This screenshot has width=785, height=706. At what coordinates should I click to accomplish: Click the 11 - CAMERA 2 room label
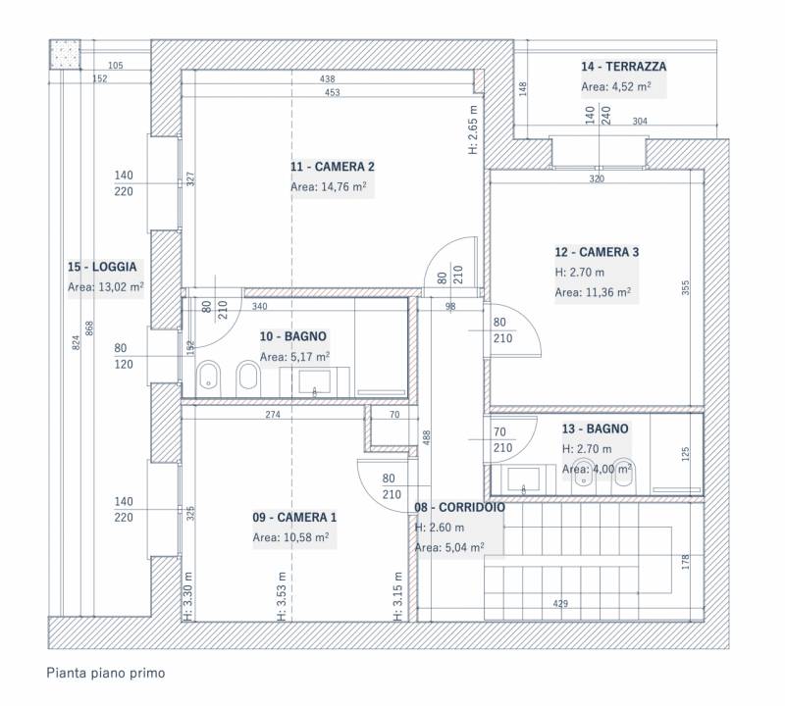333,167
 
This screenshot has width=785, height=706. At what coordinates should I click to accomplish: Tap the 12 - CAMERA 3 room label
597,252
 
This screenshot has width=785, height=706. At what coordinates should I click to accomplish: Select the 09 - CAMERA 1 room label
294,517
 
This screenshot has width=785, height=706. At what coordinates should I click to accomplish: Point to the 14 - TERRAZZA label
624,67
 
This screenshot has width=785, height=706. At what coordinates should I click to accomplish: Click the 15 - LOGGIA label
102,267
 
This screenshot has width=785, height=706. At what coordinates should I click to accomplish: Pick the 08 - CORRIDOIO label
459,507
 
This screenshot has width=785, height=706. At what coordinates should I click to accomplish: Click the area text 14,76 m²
344,186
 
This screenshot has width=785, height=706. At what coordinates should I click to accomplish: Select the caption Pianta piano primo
106,673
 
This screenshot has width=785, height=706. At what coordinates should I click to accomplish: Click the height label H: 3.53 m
282,596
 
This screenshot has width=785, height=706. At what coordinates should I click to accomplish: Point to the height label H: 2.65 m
474,129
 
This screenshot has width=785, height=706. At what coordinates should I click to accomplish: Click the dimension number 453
332,92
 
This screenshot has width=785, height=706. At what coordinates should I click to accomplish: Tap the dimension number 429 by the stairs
560,603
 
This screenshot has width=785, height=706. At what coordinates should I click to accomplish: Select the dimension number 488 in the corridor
427,437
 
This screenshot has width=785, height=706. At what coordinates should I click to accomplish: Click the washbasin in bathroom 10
314,382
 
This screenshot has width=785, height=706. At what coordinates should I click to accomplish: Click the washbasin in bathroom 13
524,479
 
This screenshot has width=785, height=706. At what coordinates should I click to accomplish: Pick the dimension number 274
273,415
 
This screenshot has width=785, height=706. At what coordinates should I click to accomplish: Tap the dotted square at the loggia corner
65,55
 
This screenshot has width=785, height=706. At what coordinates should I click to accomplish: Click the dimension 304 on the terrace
640,121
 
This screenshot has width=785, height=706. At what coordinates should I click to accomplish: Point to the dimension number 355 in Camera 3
685,287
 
